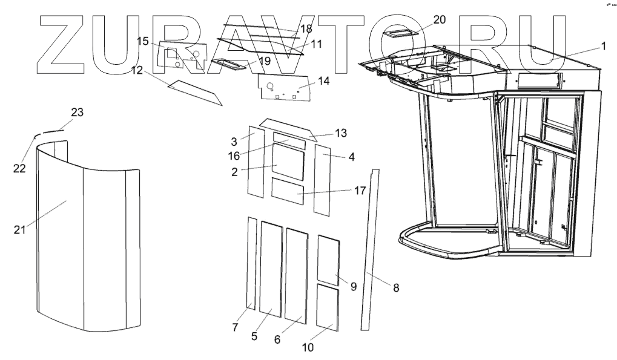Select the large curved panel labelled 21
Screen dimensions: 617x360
click(x=85, y=242)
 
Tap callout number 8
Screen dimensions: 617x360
click(x=396, y=287)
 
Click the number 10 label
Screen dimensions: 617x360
click(x=308, y=347)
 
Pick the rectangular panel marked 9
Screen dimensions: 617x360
click(x=329, y=260)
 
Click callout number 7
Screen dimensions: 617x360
click(x=236, y=327)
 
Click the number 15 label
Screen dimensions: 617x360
click(x=143, y=41)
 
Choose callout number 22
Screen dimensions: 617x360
click(x=19, y=168)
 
